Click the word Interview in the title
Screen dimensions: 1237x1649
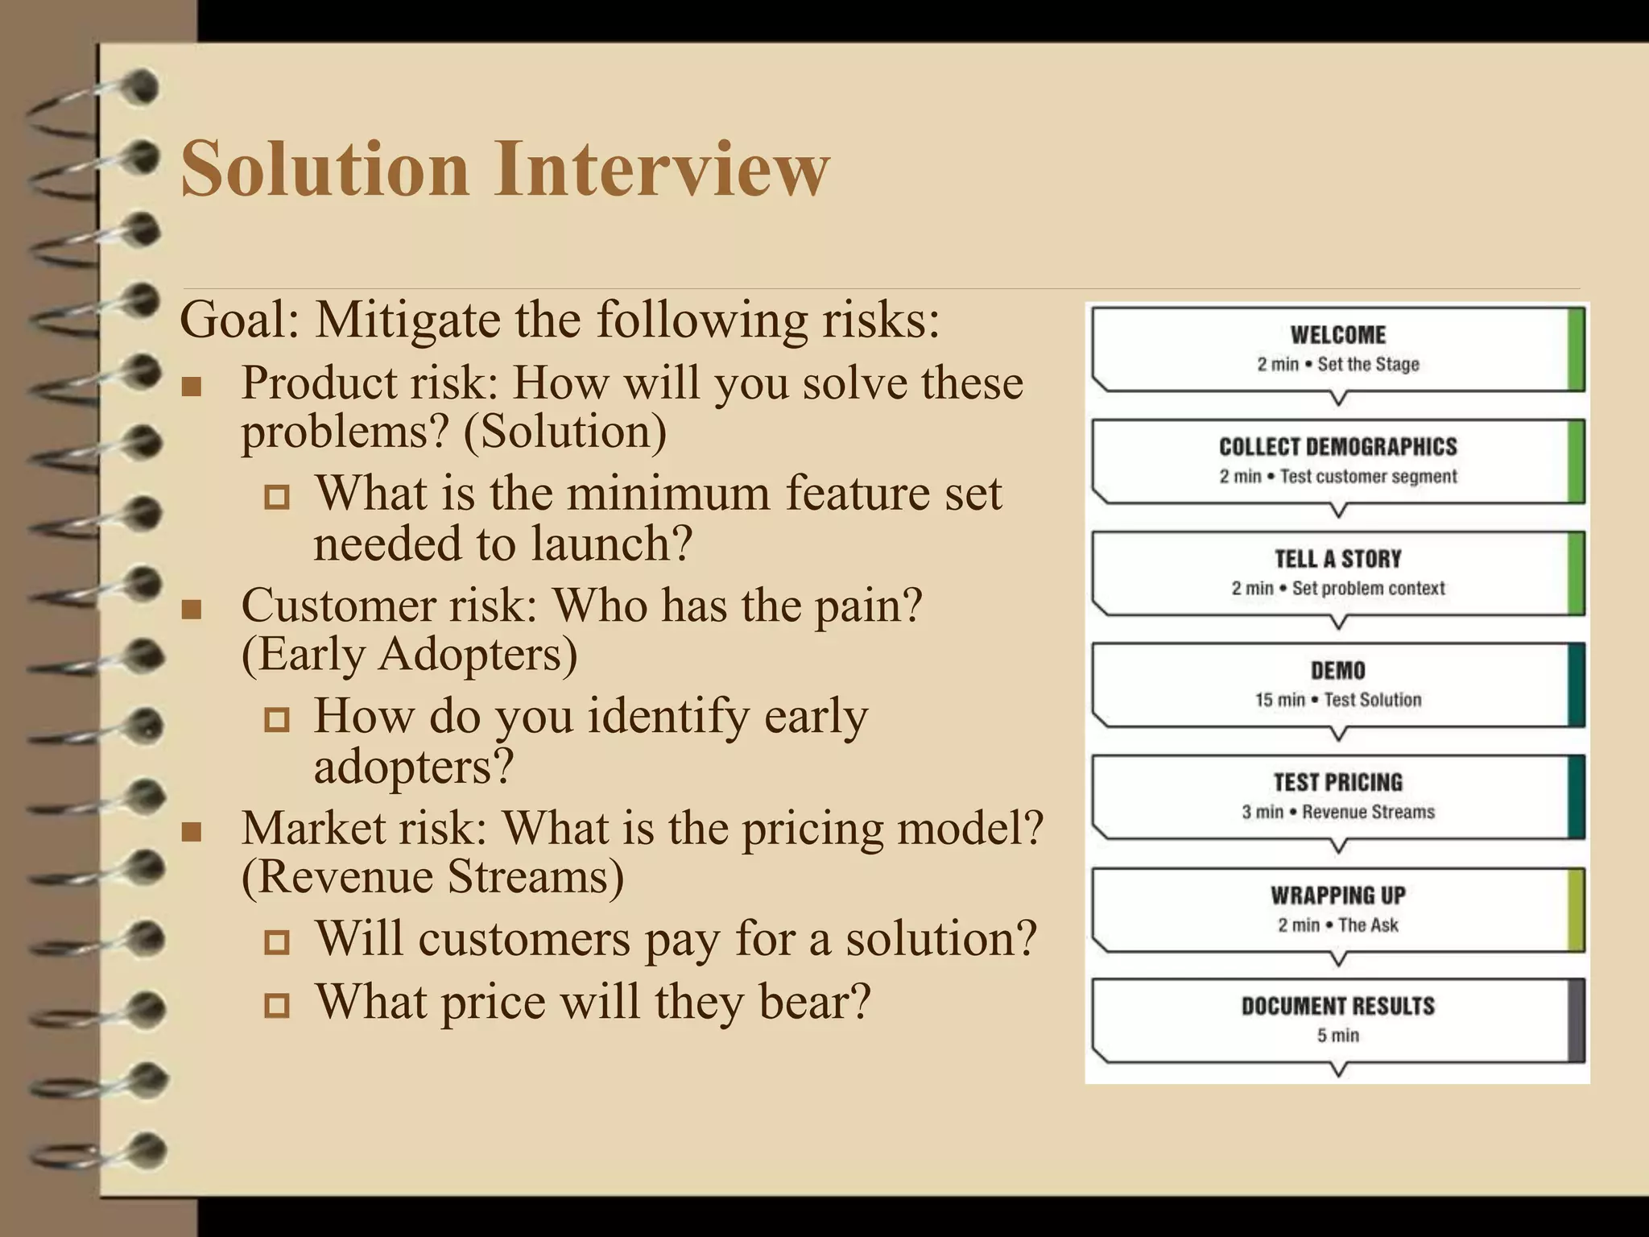pos(662,168)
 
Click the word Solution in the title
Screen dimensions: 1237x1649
pos(324,168)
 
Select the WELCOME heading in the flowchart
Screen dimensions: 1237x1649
pos(1337,335)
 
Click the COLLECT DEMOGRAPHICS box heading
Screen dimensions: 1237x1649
pos(1337,447)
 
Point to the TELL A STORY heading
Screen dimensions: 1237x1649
pos(1337,559)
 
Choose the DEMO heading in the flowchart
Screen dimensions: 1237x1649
pos(1337,671)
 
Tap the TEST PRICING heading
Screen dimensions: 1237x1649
pos(1337,783)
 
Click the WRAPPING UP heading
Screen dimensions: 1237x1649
pos(1337,896)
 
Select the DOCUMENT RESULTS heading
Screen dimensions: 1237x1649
pos(1337,1007)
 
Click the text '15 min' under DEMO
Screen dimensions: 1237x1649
pos(1279,700)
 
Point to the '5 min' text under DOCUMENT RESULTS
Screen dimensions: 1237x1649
pos(1337,1036)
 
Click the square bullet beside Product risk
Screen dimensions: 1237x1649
pos(192,387)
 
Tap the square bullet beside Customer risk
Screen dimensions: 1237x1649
pos(192,610)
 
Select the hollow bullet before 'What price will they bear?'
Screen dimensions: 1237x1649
pos(276,1004)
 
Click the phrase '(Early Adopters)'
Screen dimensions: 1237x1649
pos(409,654)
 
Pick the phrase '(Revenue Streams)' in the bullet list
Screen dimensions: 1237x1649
pos(432,876)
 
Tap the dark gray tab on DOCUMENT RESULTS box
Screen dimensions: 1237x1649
pos(1576,1020)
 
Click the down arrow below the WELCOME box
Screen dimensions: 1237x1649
pos(1337,398)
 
